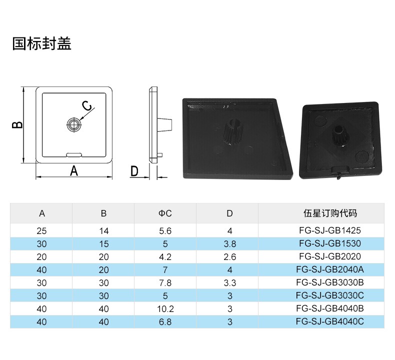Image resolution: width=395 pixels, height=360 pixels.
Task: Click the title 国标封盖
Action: [42, 43]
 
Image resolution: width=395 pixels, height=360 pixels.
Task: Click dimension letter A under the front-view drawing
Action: [74, 171]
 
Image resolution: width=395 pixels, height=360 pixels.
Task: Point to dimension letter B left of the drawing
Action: [17, 125]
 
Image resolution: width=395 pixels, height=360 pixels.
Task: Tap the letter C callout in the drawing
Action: [87, 106]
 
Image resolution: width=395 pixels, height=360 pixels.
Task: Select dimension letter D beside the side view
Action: [134, 171]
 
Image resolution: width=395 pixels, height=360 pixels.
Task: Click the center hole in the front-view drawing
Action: [74, 124]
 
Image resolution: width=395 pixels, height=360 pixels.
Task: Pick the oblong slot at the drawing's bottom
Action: [74, 154]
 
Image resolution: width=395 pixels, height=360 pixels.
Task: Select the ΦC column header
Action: [165, 213]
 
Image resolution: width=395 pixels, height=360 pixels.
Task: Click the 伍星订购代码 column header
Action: [330, 213]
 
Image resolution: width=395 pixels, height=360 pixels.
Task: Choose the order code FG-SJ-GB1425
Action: [330, 230]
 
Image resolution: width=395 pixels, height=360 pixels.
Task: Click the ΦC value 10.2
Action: [165, 309]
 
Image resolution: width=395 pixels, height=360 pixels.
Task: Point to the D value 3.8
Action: [229, 244]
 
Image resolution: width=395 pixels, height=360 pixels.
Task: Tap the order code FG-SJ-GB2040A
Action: [330, 269]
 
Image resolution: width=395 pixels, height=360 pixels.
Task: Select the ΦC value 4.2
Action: [165, 257]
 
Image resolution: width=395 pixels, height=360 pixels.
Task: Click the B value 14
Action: [104, 231]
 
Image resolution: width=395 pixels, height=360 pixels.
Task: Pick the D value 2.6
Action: [229, 257]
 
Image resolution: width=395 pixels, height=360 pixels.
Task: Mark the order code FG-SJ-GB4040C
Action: [330, 321]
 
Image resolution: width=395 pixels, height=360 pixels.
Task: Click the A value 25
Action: [42, 231]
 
